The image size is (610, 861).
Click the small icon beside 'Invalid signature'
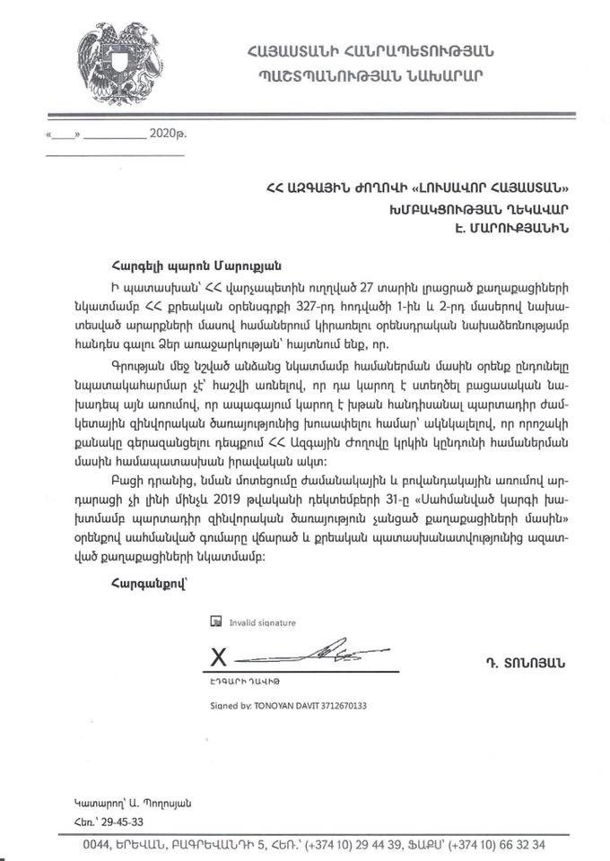214,621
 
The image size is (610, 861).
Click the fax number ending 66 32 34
520,845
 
